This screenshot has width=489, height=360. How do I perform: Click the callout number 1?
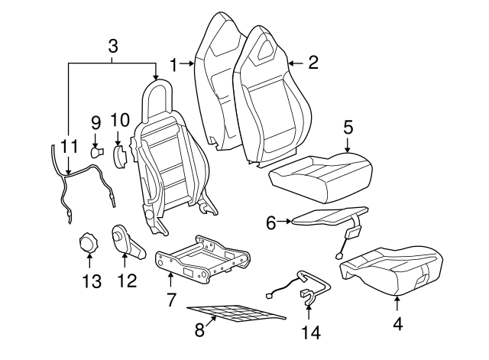coord(173,65)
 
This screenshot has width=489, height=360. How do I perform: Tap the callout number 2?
coord(312,63)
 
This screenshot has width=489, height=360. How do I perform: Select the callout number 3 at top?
coord(113,46)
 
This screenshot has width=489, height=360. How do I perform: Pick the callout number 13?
coord(91,281)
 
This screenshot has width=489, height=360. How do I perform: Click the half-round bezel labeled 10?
coord(120,156)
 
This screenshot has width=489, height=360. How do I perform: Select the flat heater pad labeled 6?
coord(329,219)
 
